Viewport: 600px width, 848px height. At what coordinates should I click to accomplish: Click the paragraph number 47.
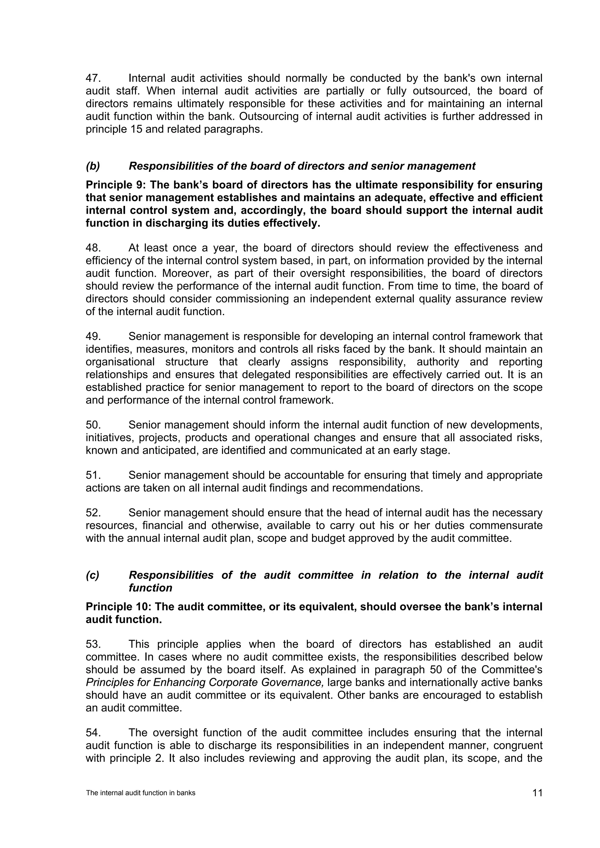[x=93, y=78]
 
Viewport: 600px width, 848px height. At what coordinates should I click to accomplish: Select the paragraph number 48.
[x=93, y=248]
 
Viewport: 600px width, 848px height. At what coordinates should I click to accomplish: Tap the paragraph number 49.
[x=93, y=336]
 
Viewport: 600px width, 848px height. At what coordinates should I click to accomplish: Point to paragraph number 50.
[x=93, y=425]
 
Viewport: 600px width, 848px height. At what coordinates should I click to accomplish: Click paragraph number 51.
[x=93, y=475]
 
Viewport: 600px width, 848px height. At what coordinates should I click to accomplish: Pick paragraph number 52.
[x=93, y=513]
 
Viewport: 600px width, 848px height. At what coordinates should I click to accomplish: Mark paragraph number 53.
[x=93, y=644]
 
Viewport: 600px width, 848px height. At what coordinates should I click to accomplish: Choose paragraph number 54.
[x=93, y=733]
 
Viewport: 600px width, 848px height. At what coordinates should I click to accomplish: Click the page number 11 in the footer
[x=538, y=793]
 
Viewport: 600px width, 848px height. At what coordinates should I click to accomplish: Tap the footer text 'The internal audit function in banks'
[x=140, y=793]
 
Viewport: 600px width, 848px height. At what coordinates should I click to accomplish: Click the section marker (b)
[x=93, y=166]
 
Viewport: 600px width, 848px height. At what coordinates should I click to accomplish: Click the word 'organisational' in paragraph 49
[x=120, y=362]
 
